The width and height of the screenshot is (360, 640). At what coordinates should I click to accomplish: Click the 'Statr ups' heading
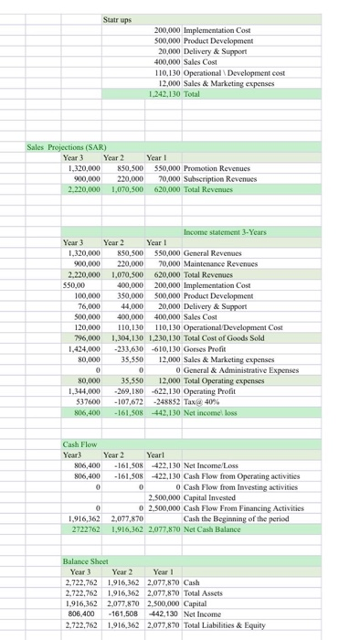pyautogui.click(x=118, y=19)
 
